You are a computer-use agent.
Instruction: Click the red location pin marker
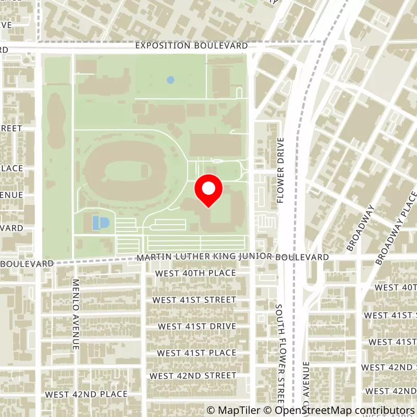[208, 190]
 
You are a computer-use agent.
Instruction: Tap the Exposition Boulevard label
[191, 46]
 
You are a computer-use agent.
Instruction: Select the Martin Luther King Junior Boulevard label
[232, 257]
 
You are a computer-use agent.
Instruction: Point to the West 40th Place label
[195, 273]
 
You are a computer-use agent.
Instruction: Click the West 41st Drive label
[197, 326]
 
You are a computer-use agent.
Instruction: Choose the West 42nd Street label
[193, 375]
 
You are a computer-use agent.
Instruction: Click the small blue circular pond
[170, 80]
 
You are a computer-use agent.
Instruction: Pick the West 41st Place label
[197, 353]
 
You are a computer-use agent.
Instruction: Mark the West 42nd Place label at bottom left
[86, 394]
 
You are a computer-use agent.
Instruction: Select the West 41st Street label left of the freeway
[194, 300]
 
